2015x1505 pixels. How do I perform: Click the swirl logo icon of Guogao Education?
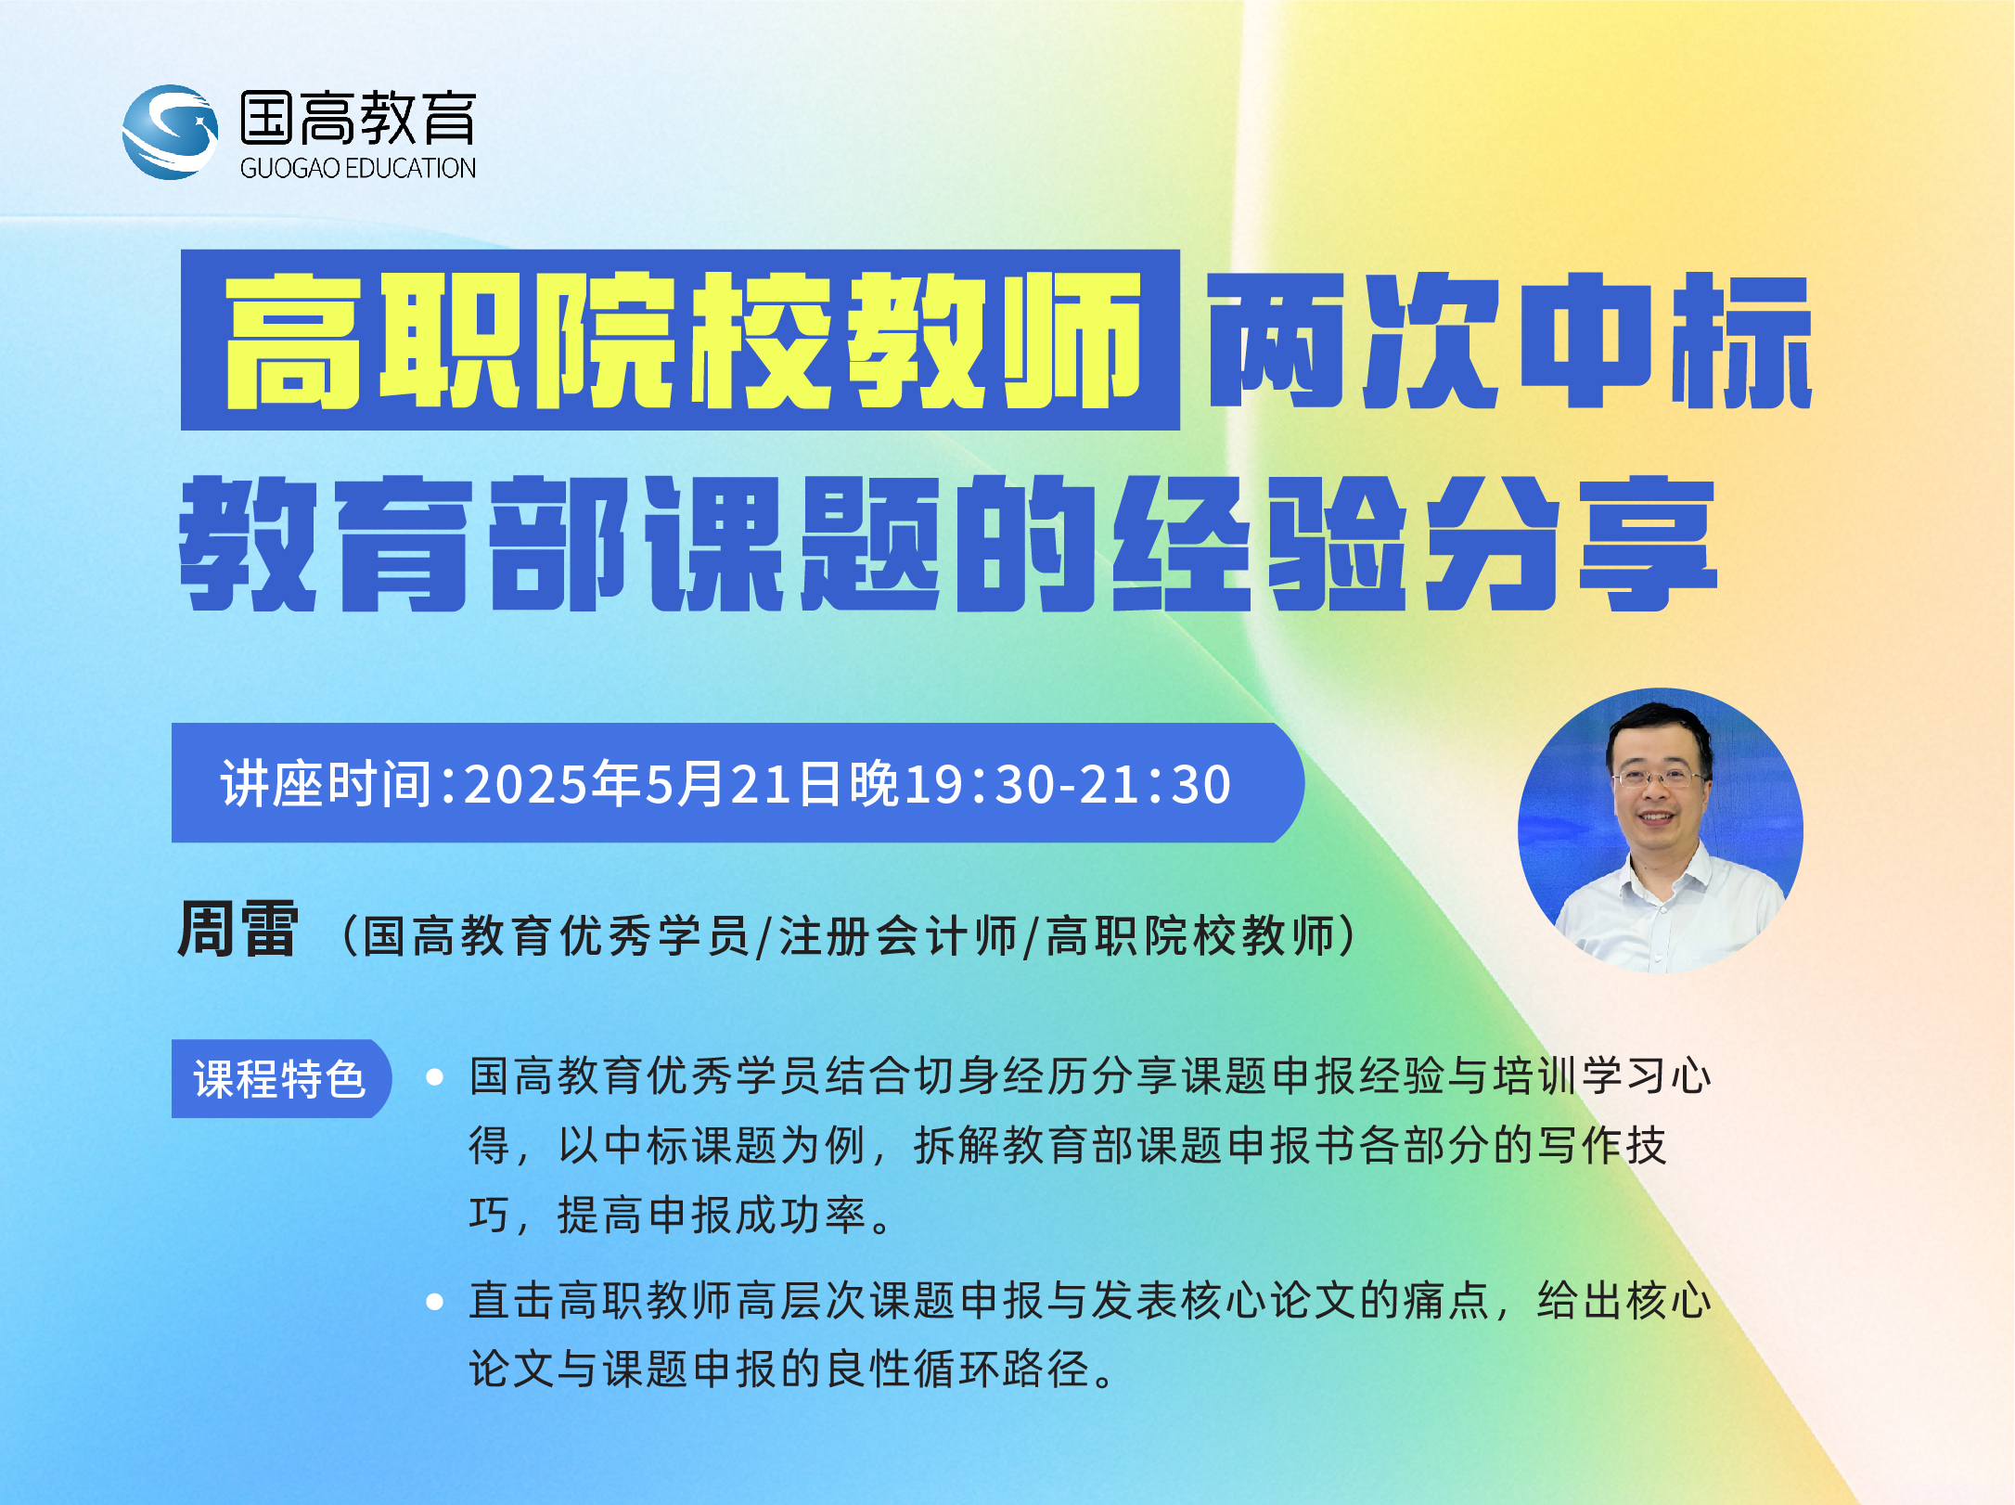click(x=171, y=132)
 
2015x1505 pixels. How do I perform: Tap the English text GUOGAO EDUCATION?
click(x=358, y=168)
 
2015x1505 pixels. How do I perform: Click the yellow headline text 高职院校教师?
click(x=683, y=341)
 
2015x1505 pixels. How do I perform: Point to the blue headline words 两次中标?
click(x=1510, y=341)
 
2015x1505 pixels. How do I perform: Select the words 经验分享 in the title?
click(x=1416, y=544)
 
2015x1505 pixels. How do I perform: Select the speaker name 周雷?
click(x=238, y=929)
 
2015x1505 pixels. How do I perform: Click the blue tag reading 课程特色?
click(x=281, y=1078)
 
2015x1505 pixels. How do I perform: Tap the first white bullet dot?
click(x=434, y=1077)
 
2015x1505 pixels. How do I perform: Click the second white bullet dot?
click(x=434, y=1302)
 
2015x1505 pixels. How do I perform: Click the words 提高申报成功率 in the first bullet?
click(x=712, y=1216)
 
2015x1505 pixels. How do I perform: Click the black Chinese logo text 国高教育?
click(x=358, y=118)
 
